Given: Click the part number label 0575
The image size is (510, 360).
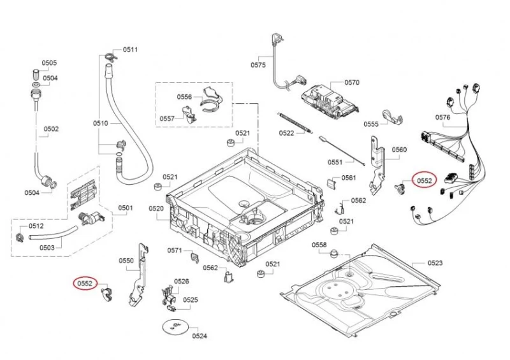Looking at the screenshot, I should tap(258, 65).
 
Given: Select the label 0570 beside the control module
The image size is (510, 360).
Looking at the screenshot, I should tap(352, 83).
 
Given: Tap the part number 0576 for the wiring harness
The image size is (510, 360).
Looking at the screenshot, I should tap(442, 117).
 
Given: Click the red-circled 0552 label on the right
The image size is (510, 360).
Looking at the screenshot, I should tap(425, 181).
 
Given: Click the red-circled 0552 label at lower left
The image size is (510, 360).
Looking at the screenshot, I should tap(85, 284).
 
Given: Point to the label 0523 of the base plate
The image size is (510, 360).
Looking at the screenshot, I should tap(435, 263).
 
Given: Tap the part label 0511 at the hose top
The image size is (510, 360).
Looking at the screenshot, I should tap(131, 50).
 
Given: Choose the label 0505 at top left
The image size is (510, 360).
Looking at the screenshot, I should tap(50, 62).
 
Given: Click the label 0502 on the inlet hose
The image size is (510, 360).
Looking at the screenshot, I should tap(51, 129).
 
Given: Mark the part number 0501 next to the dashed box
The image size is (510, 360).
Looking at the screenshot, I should tap(126, 208).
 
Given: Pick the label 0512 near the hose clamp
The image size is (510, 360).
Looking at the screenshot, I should tap(36, 226).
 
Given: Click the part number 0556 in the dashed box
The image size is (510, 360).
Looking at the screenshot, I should tap(184, 97).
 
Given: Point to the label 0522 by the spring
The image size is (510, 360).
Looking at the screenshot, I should tap(286, 133).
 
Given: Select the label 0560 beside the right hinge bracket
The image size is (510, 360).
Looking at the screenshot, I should tap(399, 150).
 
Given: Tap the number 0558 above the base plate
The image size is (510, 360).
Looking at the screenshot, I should tap(319, 245).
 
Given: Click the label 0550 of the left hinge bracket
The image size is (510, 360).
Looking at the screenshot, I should tap(126, 261).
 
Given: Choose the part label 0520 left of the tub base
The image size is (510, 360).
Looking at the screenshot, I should tap(156, 208).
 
